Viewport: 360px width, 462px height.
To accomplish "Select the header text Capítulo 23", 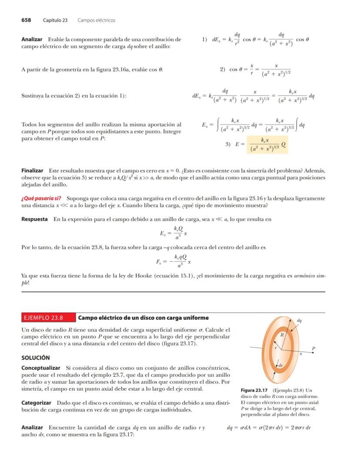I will pos(55,20).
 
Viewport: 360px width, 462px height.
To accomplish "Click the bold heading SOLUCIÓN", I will pos(36,358).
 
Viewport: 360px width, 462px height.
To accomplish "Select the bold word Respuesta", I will pos(34,219).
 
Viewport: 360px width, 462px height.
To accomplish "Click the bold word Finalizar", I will pos(32,171).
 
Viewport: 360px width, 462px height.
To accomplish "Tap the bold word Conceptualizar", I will pos(41,368).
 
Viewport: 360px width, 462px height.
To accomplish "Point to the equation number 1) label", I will pos(204,40).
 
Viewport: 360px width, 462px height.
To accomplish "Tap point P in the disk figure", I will pos(313,348).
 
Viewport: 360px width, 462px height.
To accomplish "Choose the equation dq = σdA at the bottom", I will pos(269,427).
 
